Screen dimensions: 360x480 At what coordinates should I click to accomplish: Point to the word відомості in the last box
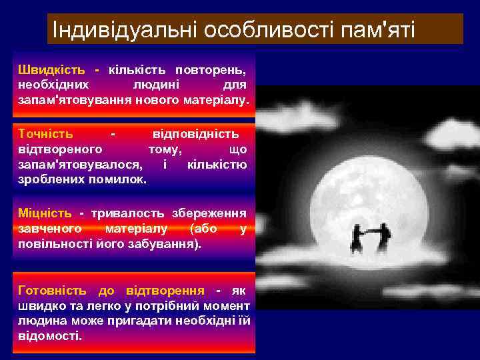pos(49,337)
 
